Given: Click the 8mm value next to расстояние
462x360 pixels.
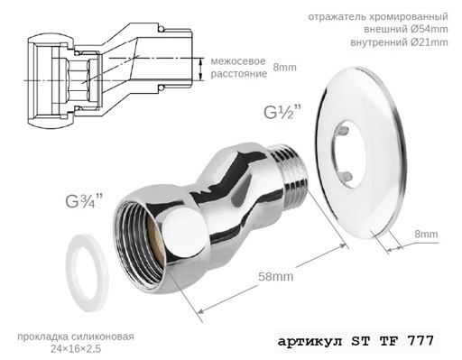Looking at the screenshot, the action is [284, 67].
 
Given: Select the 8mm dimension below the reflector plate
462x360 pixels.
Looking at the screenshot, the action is [426, 235].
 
